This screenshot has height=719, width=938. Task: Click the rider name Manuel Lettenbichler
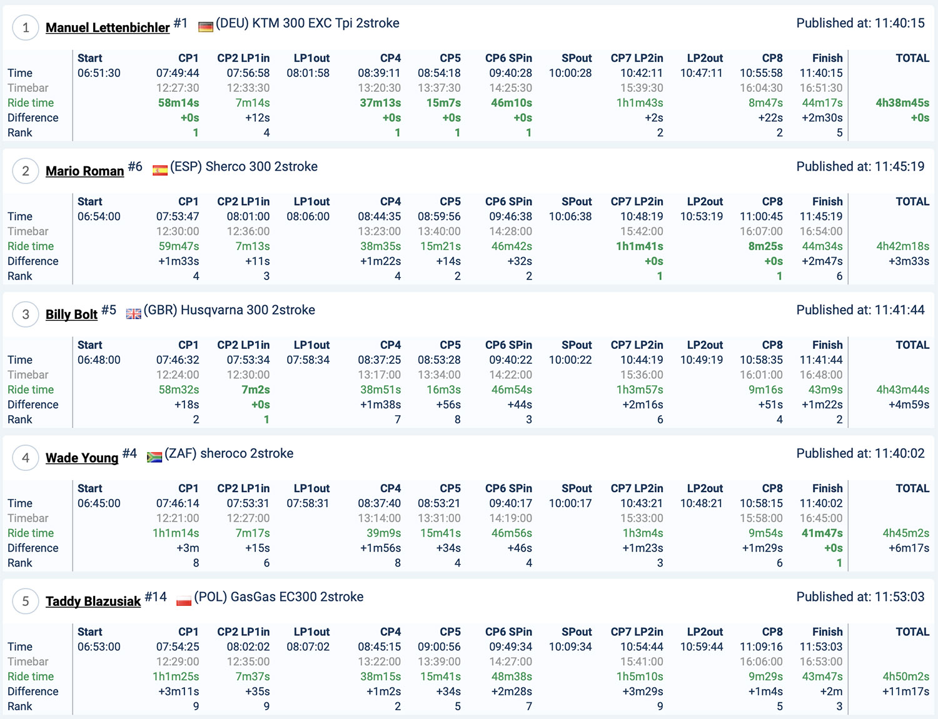tap(108, 28)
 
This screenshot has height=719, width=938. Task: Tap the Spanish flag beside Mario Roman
tap(160, 170)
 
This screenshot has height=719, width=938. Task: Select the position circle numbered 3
tap(26, 314)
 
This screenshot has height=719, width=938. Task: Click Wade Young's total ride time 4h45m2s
tap(905, 533)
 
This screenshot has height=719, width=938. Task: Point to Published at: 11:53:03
tap(860, 597)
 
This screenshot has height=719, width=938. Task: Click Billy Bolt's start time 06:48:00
tap(99, 360)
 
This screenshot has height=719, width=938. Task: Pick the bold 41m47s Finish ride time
tap(822, 533)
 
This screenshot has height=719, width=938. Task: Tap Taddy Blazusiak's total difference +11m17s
tap(905, 691)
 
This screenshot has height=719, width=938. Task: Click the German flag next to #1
tap(205, 27)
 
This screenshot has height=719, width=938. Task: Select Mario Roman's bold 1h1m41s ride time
tap(640, 246)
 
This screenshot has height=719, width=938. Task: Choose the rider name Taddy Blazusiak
tap(93, 601)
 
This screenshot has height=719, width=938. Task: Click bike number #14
tap(156, 597)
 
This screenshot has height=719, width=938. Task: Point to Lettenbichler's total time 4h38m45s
tap(902, 103)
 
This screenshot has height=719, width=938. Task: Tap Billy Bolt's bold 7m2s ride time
tap(256, 390)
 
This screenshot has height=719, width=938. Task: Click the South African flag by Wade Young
tap(154, 457)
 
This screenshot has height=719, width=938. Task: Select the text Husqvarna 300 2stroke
tap(248, 310)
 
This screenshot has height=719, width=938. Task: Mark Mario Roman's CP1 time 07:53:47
tap(178, 217)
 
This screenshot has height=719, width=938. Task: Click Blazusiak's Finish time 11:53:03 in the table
tap(821, 647)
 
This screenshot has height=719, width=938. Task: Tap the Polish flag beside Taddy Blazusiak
tap(184, 601)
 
